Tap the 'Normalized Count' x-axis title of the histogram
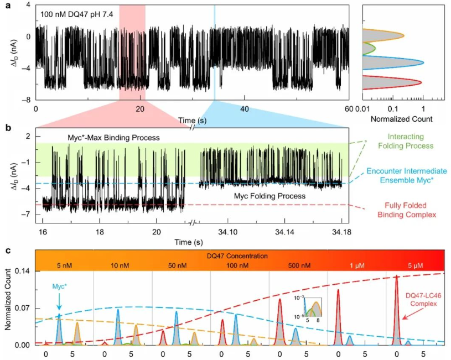point(402,118)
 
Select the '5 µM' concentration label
point(415,265)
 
